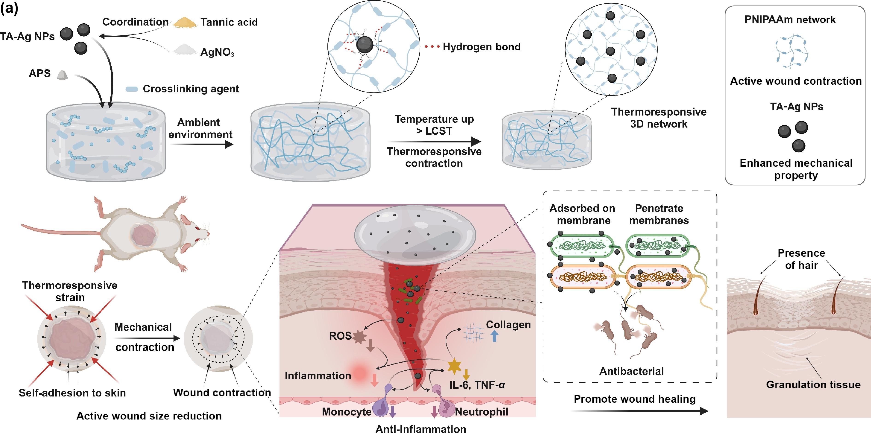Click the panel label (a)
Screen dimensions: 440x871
click(x=9, y=8)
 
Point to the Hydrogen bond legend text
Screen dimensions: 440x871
click(x=482, y=47)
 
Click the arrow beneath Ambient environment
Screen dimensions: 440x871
click(x=202, y=145)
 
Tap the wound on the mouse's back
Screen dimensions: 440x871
click(x=144, y=236)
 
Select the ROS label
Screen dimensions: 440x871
click(x=340, y=336)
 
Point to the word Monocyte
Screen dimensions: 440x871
click(x=346, y=412)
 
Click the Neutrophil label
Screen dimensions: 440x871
click(x=482, y=412)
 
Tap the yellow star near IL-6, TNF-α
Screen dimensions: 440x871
click(x=454, y=366)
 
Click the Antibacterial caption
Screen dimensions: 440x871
click(x=631, y=371)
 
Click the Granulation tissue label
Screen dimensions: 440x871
click(x=813, y=385)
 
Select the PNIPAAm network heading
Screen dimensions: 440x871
click(x=790, y=20)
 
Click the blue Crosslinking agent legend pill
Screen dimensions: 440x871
click(x=132, y=89)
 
